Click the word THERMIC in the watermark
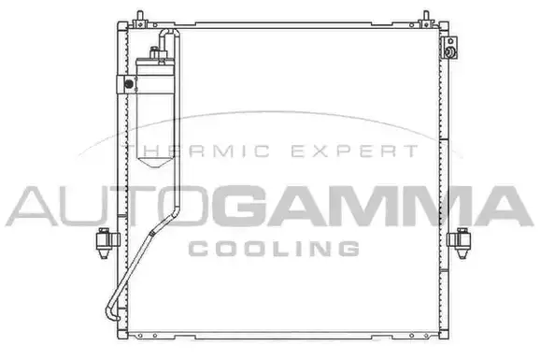(x=188, y=151)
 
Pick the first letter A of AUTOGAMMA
(x=24, y=206)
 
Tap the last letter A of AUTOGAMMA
(x=506, y=206)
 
